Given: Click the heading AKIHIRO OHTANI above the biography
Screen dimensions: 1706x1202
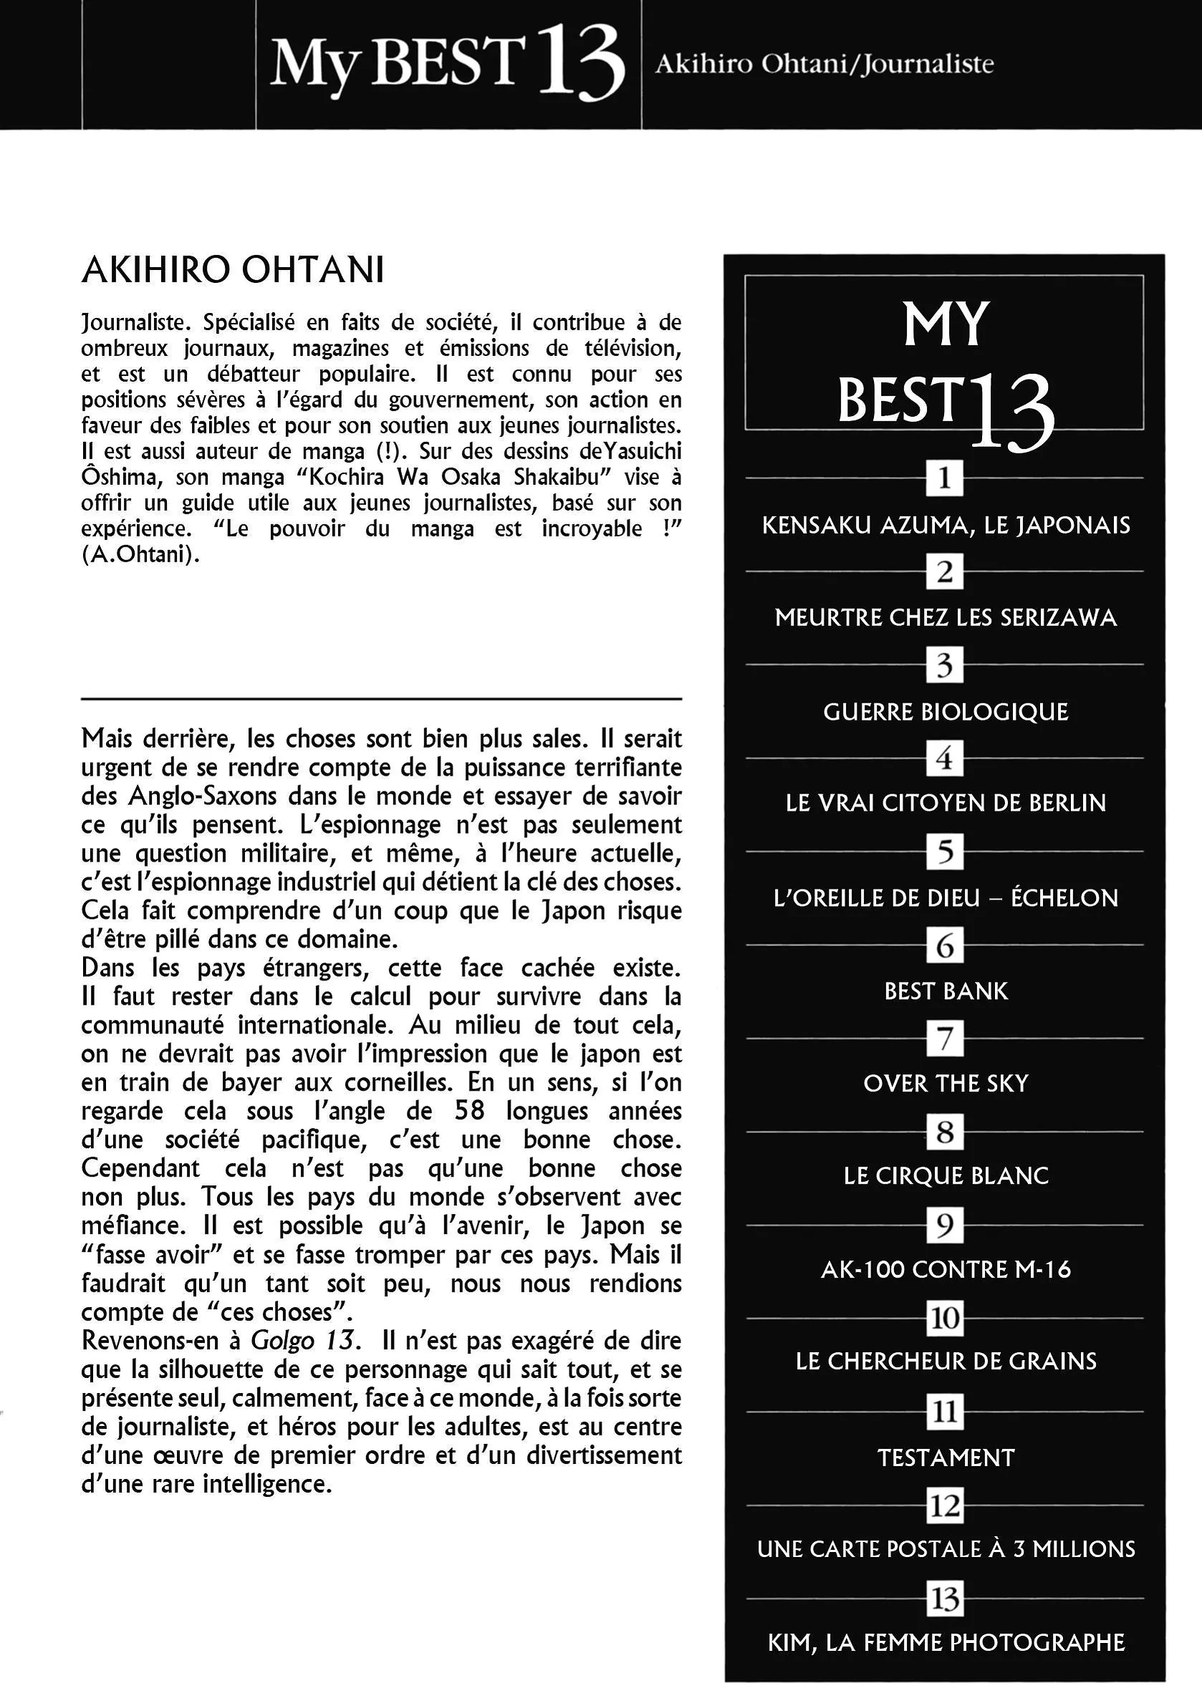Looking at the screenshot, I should pos(233,271).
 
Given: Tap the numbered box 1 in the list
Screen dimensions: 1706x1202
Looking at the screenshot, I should pos(944,478).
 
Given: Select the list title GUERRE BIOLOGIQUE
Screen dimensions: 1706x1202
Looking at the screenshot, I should pos(946,712).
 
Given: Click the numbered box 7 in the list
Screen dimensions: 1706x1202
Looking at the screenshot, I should pos(945,1038).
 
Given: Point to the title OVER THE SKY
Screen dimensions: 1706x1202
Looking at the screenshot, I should pos(946,1084).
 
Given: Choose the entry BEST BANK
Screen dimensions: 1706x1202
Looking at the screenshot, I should pos(946,991).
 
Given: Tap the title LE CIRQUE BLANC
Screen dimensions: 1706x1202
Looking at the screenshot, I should pos(946,1175).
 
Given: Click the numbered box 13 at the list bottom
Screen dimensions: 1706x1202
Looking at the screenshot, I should pos(945,1599).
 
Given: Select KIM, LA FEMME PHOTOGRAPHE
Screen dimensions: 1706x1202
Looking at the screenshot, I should pos(946,1643).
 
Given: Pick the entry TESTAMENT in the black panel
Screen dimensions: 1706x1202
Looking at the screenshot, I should pos(946,1457).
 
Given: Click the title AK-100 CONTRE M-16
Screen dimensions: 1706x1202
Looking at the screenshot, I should pos(946,1269).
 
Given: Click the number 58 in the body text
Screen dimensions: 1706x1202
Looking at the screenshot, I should pos(469,1111).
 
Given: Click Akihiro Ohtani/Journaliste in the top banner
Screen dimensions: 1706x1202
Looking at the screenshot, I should pos(824,64).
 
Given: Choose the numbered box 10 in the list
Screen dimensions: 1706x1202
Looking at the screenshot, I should pos(945,1318).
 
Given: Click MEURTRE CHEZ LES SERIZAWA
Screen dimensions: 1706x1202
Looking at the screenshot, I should pos(946,617).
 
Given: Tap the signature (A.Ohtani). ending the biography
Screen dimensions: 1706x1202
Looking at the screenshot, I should pos(140,555).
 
